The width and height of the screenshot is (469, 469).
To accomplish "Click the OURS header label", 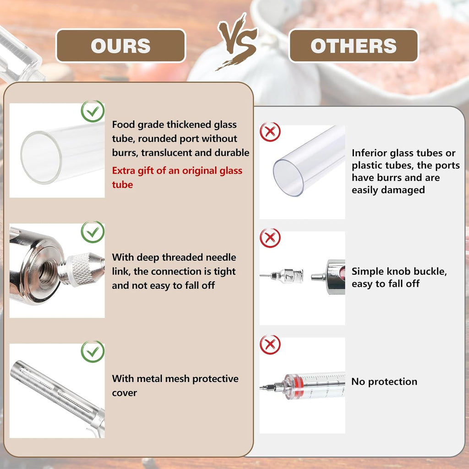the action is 121,46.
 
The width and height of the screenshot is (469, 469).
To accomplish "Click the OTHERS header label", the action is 353,46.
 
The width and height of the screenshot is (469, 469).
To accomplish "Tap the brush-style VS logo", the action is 238,41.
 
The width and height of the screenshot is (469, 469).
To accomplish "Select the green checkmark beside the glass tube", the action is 93,111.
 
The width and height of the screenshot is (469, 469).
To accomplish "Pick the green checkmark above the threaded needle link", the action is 93,232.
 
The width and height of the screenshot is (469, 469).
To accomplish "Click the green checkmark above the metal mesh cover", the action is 93,351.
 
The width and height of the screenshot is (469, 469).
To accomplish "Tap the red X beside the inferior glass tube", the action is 270,131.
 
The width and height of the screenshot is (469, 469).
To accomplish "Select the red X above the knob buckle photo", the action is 270,238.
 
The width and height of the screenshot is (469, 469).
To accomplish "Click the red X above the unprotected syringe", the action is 270,344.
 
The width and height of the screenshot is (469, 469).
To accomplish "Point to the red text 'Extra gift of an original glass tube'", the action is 177,177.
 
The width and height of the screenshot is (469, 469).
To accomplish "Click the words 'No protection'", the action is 384,382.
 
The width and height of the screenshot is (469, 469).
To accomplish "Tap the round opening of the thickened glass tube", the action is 41,158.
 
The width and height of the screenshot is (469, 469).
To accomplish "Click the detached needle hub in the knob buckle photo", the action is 287,275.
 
